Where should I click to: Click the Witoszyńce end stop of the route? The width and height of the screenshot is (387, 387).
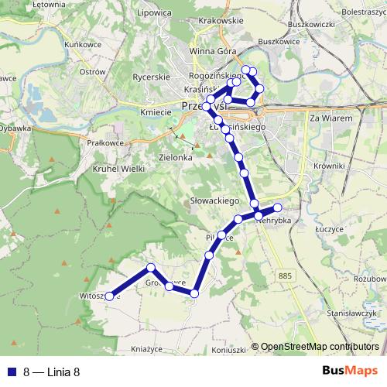(x=110, y=296)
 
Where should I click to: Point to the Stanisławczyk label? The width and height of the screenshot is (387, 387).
(x=351, y=313)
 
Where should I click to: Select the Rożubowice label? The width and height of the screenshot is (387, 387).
(x=370, y=278)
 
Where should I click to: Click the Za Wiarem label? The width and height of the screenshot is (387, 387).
(x=330, y=118)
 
